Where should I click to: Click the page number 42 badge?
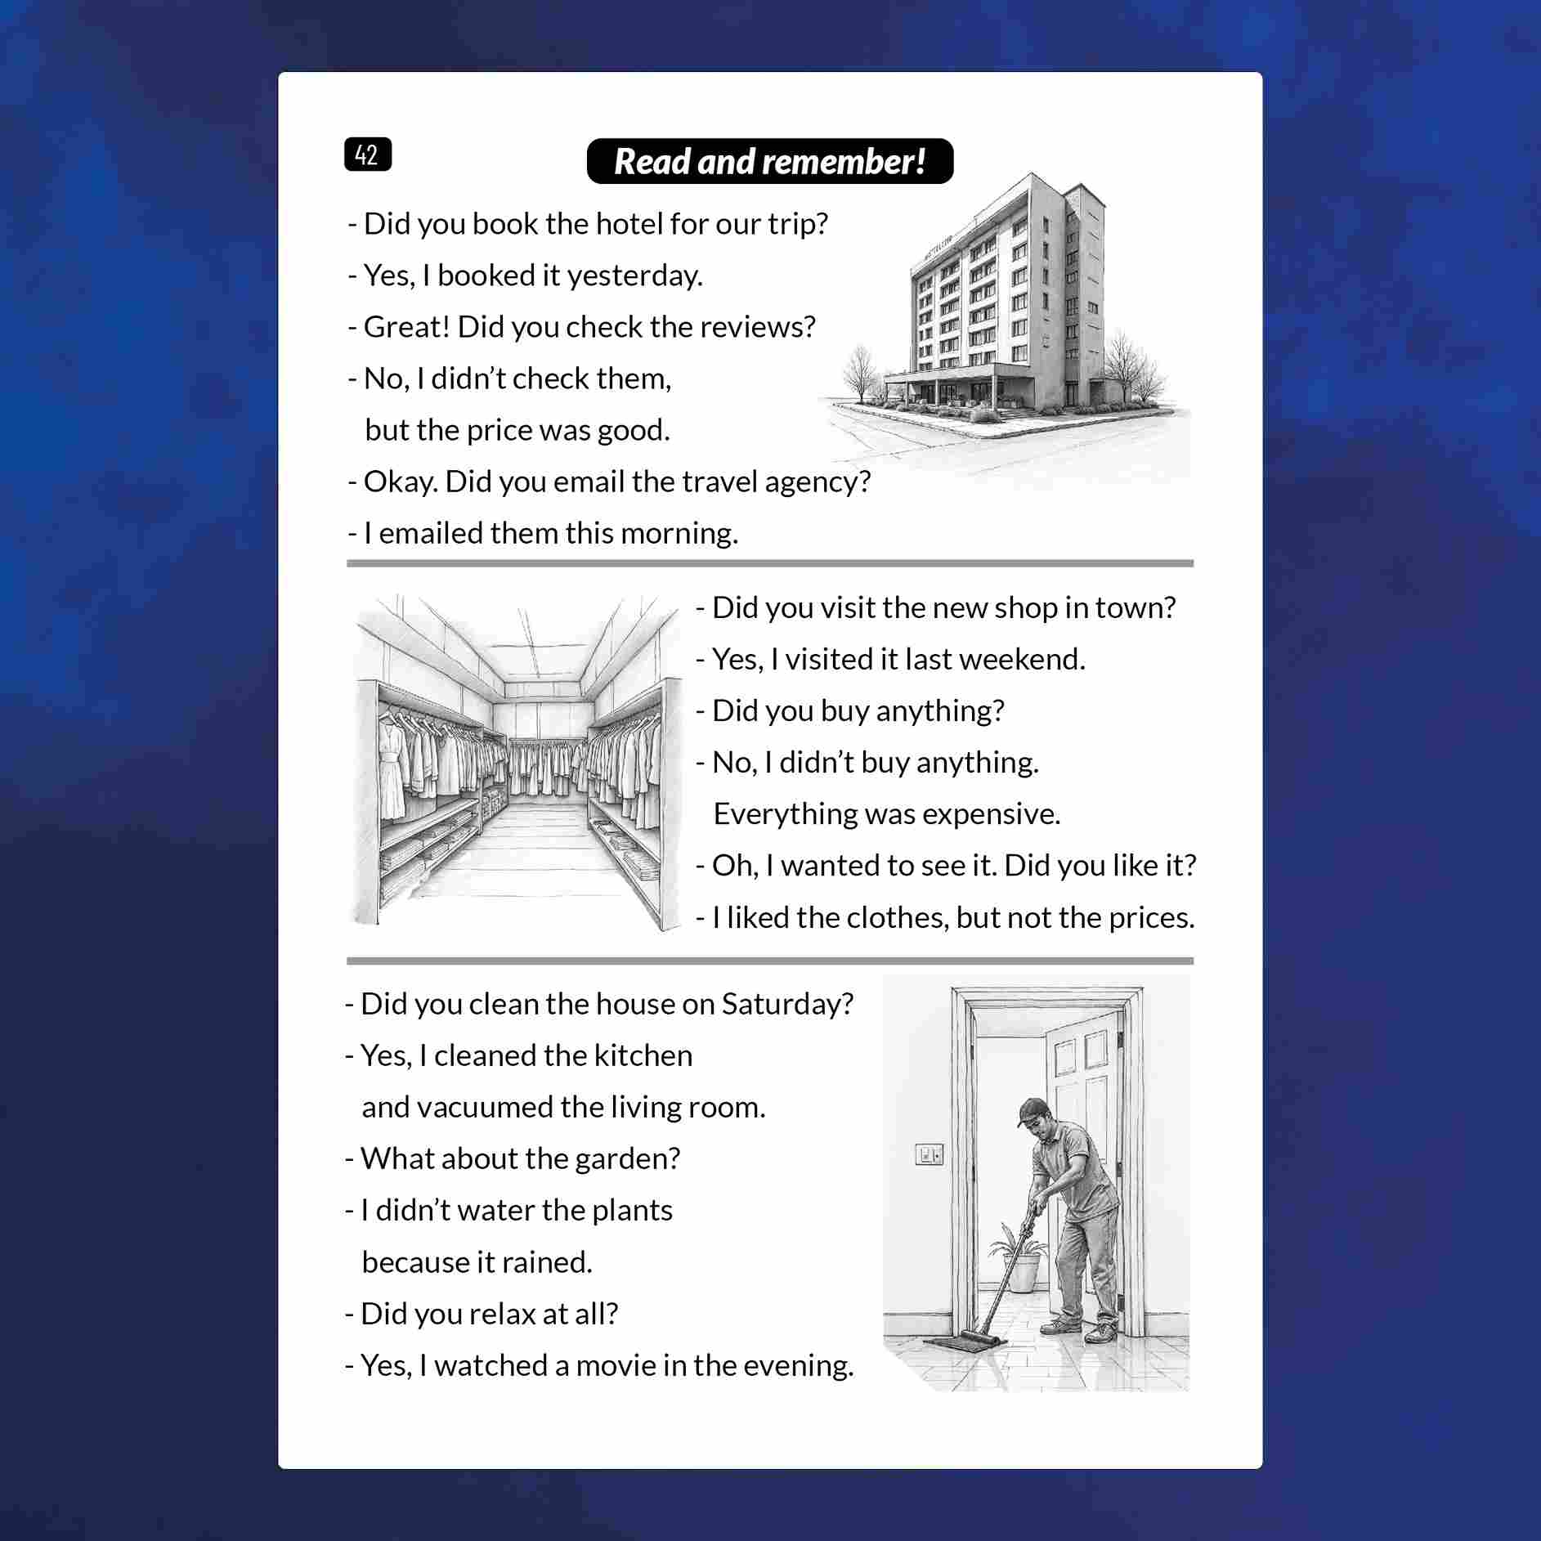pyautogui.click(x=368, y=155)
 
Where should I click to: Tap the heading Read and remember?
pyautogui.click(x=769, y=161)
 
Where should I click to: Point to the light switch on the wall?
pyautogui.click(x=929, y=1154)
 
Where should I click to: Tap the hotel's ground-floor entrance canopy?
pyautogui.click(x=940, y=374)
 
